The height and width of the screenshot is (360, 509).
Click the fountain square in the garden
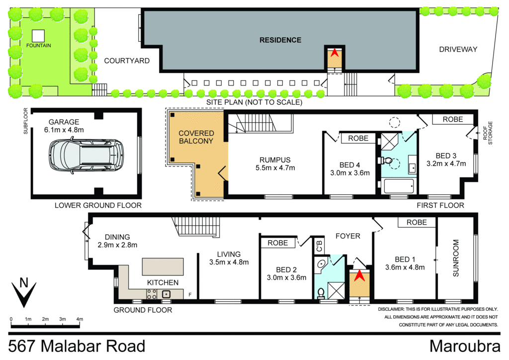(39, 35)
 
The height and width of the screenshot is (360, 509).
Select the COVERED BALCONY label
(196, 137)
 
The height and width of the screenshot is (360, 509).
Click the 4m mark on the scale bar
(79, 319)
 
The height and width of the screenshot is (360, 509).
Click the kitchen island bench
(163, 267)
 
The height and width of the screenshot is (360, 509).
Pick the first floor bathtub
(399, 187)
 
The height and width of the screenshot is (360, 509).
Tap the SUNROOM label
(455, 259)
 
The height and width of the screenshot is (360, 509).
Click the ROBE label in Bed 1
(417, 223)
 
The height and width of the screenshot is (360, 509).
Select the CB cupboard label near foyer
(318, 246)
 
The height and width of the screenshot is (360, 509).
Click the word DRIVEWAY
(458, 49)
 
